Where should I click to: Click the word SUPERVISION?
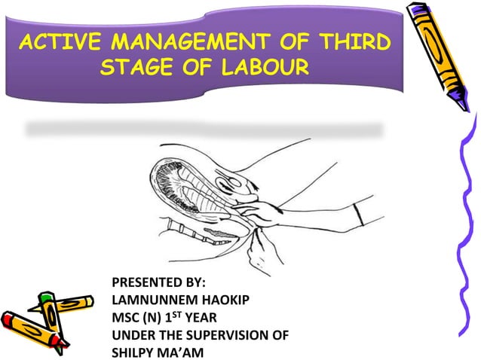[x=231, y=334]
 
